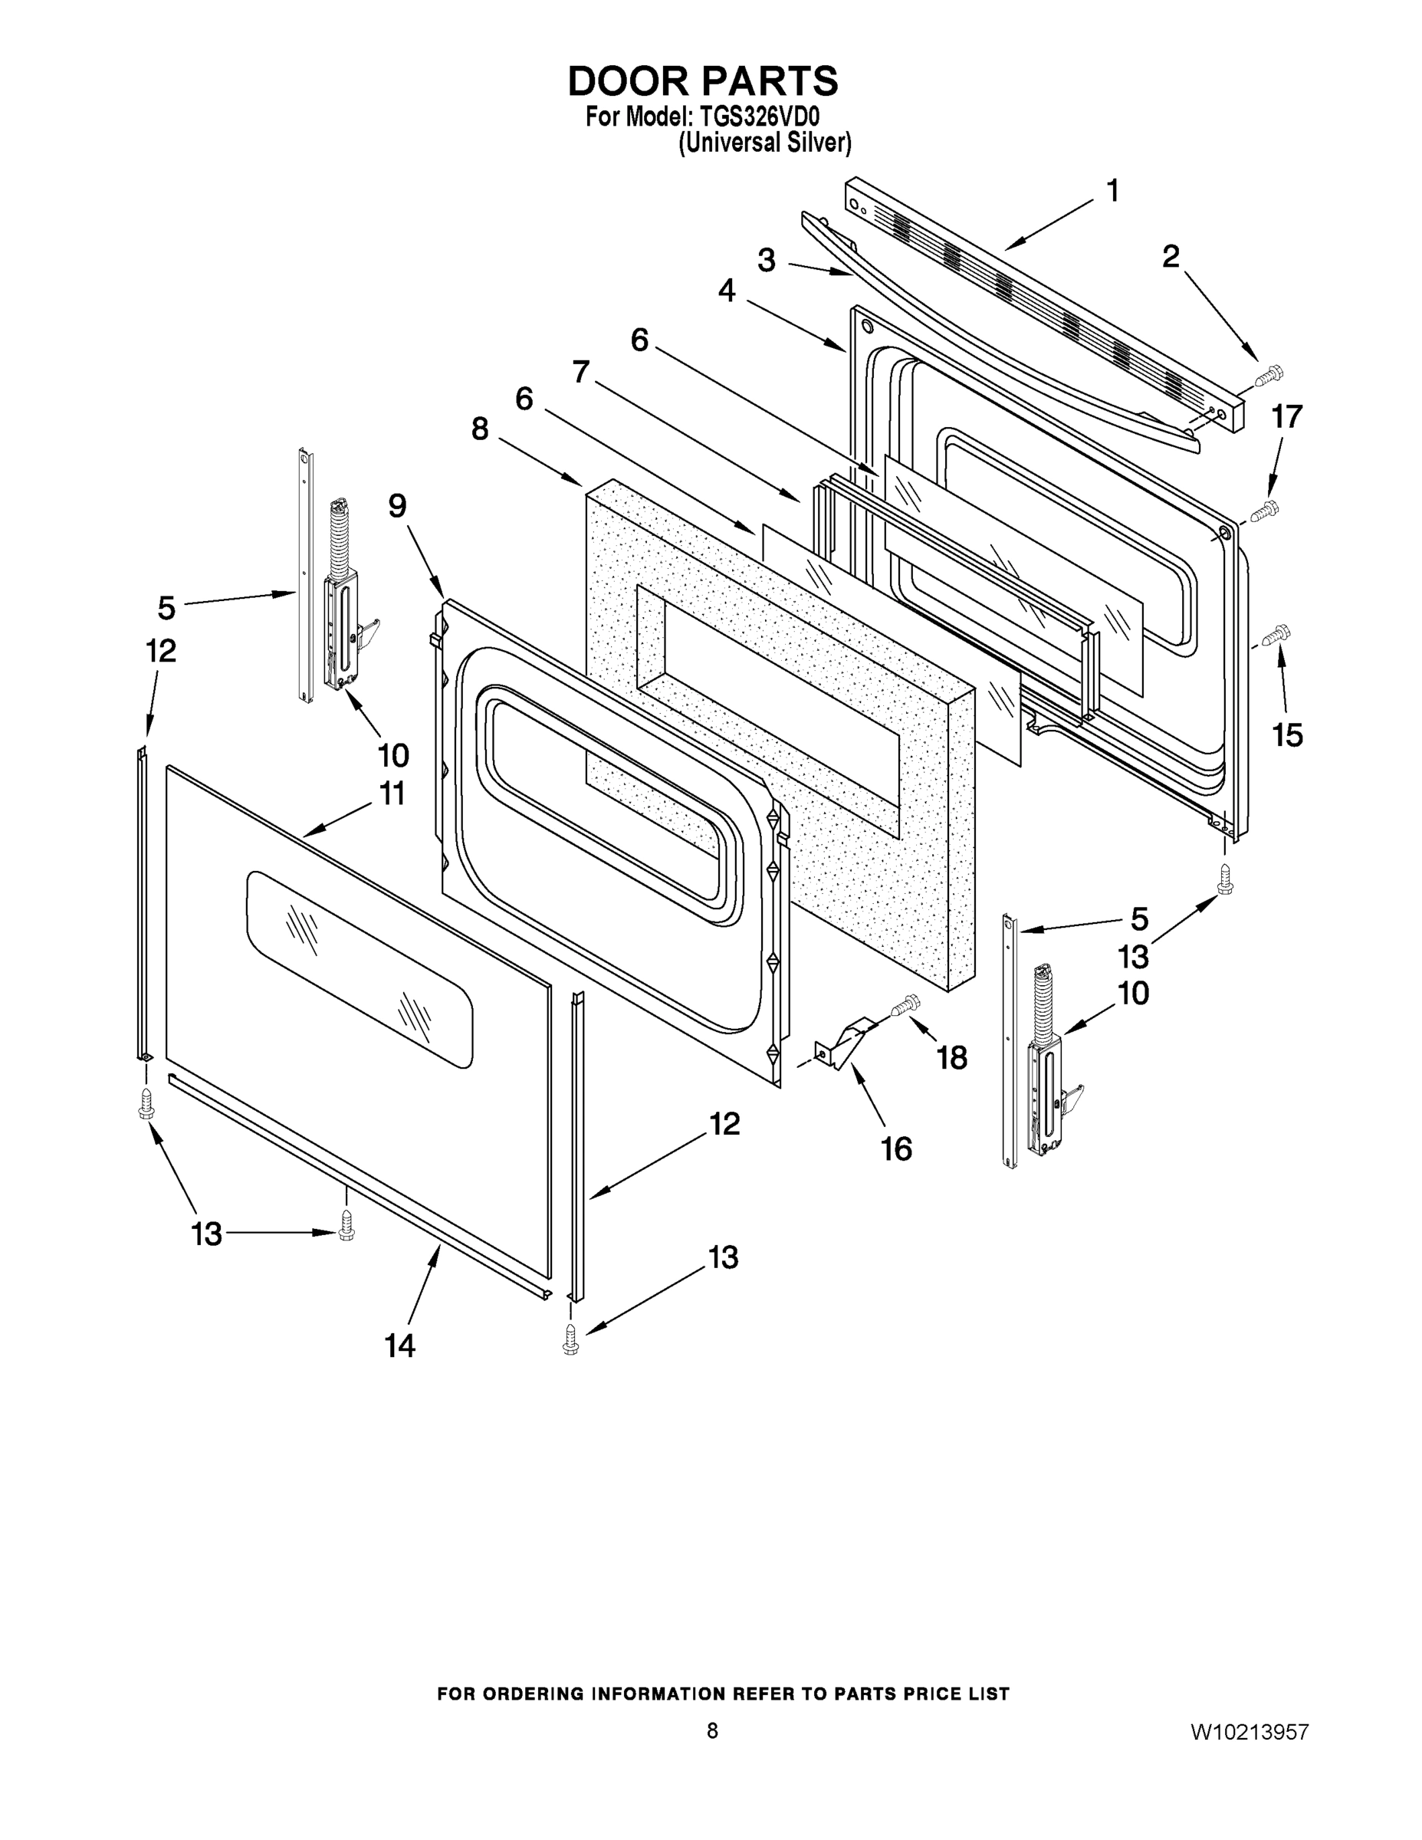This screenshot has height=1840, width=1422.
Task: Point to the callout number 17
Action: (x=1286, y=417)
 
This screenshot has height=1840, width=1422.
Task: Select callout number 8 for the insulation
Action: (x=479, y=429)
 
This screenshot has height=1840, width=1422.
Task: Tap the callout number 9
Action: (x=397, y=505)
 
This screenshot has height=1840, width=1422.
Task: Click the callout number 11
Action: (x=392, y=793)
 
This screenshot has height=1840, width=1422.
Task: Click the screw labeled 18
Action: (x=905, y=1004)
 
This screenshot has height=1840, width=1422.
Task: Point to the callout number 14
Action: (x=400, y=1345)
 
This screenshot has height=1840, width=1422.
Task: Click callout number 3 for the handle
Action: (x=766, y=261)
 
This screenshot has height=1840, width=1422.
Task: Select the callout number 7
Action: (x=581, y=372)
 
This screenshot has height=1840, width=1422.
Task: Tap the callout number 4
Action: (x=726, y=291)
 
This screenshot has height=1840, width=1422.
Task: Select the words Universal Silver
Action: (x=765, y=143)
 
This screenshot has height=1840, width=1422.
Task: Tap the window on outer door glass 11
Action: (x=360, y=969)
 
